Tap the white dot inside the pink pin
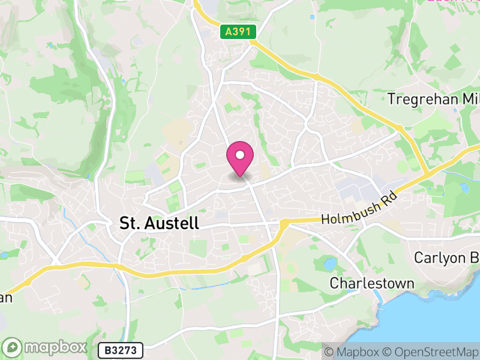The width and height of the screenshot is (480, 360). point(240,155)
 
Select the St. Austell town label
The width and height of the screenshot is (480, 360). point(159,224)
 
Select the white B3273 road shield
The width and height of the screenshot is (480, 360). point(121,349)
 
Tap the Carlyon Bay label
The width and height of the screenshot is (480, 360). point(446,257)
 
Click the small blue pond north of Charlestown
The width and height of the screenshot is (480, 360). point(330,263)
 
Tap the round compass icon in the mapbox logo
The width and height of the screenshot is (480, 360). point(14,347)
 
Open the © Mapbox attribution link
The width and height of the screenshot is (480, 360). point(357,352)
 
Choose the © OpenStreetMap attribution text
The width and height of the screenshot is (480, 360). point(433,352)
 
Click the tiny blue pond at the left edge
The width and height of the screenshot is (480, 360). point(5,254)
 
